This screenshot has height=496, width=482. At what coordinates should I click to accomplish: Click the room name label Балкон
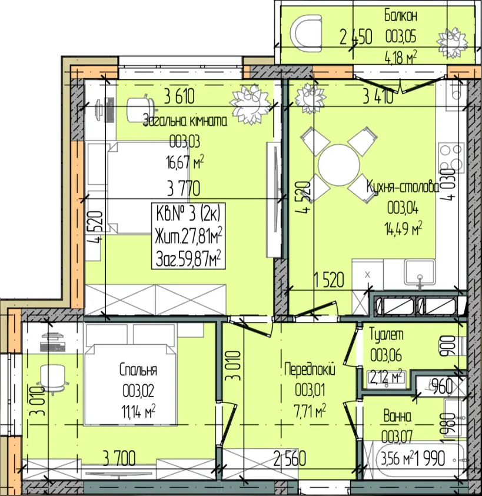(401, 16)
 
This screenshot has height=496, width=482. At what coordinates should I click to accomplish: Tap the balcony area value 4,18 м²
(401, 57)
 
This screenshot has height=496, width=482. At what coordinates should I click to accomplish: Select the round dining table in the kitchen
(338, 165)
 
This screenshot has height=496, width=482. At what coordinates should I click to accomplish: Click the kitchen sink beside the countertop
(420, 271)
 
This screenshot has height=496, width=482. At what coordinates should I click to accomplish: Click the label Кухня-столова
(403, 187)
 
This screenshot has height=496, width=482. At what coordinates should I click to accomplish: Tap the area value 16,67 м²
(185, 162)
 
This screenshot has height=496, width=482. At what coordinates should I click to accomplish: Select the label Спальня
(138, 369)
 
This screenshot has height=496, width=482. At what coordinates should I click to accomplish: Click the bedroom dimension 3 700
(119, 458)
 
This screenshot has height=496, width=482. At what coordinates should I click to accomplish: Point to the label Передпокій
(310, 369)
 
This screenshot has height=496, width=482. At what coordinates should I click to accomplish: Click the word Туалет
(387, 334)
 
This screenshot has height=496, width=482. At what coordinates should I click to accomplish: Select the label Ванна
(397, 417)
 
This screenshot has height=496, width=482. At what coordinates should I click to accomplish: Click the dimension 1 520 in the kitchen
(329, 279)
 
